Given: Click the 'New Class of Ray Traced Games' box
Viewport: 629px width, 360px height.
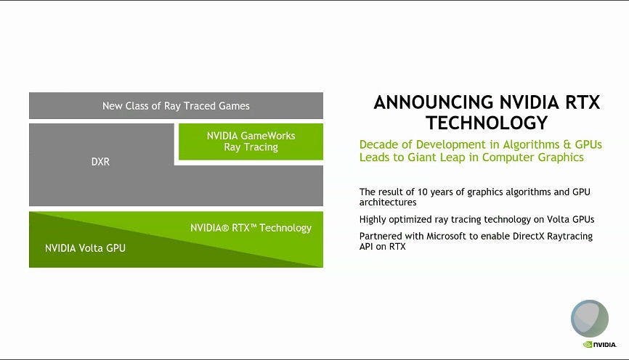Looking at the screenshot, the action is pyautogui.click(x=176, y=105).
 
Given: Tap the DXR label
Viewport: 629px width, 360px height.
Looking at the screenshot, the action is pyautogui.click(x=100, y=162).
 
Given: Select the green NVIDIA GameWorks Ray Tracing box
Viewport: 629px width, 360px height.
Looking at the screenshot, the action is pyautogui.click(x=251, y=142).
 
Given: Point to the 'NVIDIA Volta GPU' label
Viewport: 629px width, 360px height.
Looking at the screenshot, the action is pyautogui.click(x=85, y=248).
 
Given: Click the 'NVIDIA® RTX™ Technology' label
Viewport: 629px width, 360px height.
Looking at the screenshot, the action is pyautogui.click(x=251, y=228).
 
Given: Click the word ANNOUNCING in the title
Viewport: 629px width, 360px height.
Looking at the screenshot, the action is pyautogui.click(x=433, y=102).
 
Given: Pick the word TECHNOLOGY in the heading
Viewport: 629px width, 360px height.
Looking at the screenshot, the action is pyautogui.click(x=487, y=123).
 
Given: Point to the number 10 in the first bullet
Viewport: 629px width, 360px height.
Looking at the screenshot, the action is pyautogui.click(x=423, y=192).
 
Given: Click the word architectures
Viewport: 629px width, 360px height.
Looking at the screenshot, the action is pyautogui.click(x=388, y=202).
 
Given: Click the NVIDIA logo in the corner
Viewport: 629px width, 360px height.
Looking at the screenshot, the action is pyautogui.click(x=599, y=344).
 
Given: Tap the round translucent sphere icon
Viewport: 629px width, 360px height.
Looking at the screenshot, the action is pyautogui.click(x=589, y=319).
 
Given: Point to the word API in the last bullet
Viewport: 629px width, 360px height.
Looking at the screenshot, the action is pyautogui.click(x=366, y=247).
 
